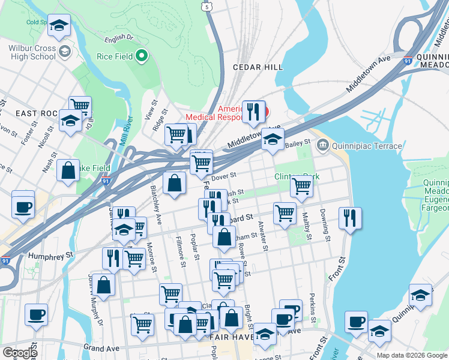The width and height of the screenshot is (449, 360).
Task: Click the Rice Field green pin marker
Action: pos(142,56)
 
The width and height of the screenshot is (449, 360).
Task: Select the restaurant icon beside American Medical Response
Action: pos(254,112)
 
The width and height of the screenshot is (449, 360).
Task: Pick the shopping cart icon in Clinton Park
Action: pos(301,186)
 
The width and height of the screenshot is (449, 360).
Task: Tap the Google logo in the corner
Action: pos(19,352)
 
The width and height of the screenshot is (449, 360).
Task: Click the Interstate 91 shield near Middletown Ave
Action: pos(408,61)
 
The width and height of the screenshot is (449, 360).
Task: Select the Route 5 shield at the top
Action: pos(207,5)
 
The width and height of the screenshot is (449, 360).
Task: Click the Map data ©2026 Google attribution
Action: pos(412,355)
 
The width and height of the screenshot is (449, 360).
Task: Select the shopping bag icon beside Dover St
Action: pos(174,184)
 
